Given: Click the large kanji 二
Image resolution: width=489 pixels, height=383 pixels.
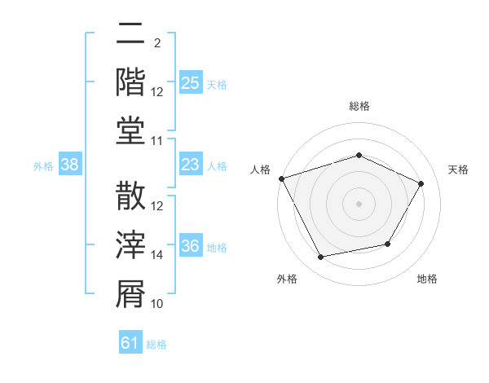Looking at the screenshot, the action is click(x=130, y=33).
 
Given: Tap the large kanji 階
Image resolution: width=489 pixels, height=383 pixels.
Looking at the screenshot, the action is click(x=130, y=82).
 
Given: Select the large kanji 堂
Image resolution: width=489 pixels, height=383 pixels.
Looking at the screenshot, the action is click(x=130, y=130).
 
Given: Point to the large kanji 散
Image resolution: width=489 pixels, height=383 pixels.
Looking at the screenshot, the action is click(x=130, y=196).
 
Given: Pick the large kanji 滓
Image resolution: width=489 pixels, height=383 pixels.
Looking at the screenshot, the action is click(x=130, y=244).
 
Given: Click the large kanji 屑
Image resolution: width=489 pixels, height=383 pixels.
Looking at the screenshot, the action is click(x=130, y=294).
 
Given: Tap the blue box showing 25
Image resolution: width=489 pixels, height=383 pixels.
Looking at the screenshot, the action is click(x=191, y=82).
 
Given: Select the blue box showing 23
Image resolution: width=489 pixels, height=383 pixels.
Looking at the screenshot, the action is click(x=191, y=164).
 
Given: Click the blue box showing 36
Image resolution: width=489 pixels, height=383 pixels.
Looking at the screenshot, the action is click(x=191, y=244).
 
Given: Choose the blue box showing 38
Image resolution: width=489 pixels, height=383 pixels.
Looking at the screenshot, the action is click(x=70, y=164).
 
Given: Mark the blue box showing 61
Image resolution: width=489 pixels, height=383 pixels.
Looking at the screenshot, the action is click(x=130, y=341).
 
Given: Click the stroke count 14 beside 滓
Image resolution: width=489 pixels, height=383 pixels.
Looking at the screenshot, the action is click(x=156, y=255).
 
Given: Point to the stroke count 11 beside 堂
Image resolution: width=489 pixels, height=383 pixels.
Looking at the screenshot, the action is click(x=156, y=141).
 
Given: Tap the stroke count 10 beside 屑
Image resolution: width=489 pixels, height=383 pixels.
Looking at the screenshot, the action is click(x=156, y=304).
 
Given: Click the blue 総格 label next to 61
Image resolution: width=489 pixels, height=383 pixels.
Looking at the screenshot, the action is click(x=156, y=345).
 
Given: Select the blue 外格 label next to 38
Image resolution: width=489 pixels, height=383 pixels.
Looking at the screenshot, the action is click(x=43, y=166).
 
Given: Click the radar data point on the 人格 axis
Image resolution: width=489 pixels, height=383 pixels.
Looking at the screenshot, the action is click(x=282, y=178).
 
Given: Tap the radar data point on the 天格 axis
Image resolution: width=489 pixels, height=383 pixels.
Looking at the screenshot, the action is click(x=421, y=183).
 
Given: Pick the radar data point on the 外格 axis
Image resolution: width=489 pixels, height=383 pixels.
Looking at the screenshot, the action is click(x=320, y=257).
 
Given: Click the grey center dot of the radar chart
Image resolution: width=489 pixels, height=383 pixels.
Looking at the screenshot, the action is click(x=359, y=204).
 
